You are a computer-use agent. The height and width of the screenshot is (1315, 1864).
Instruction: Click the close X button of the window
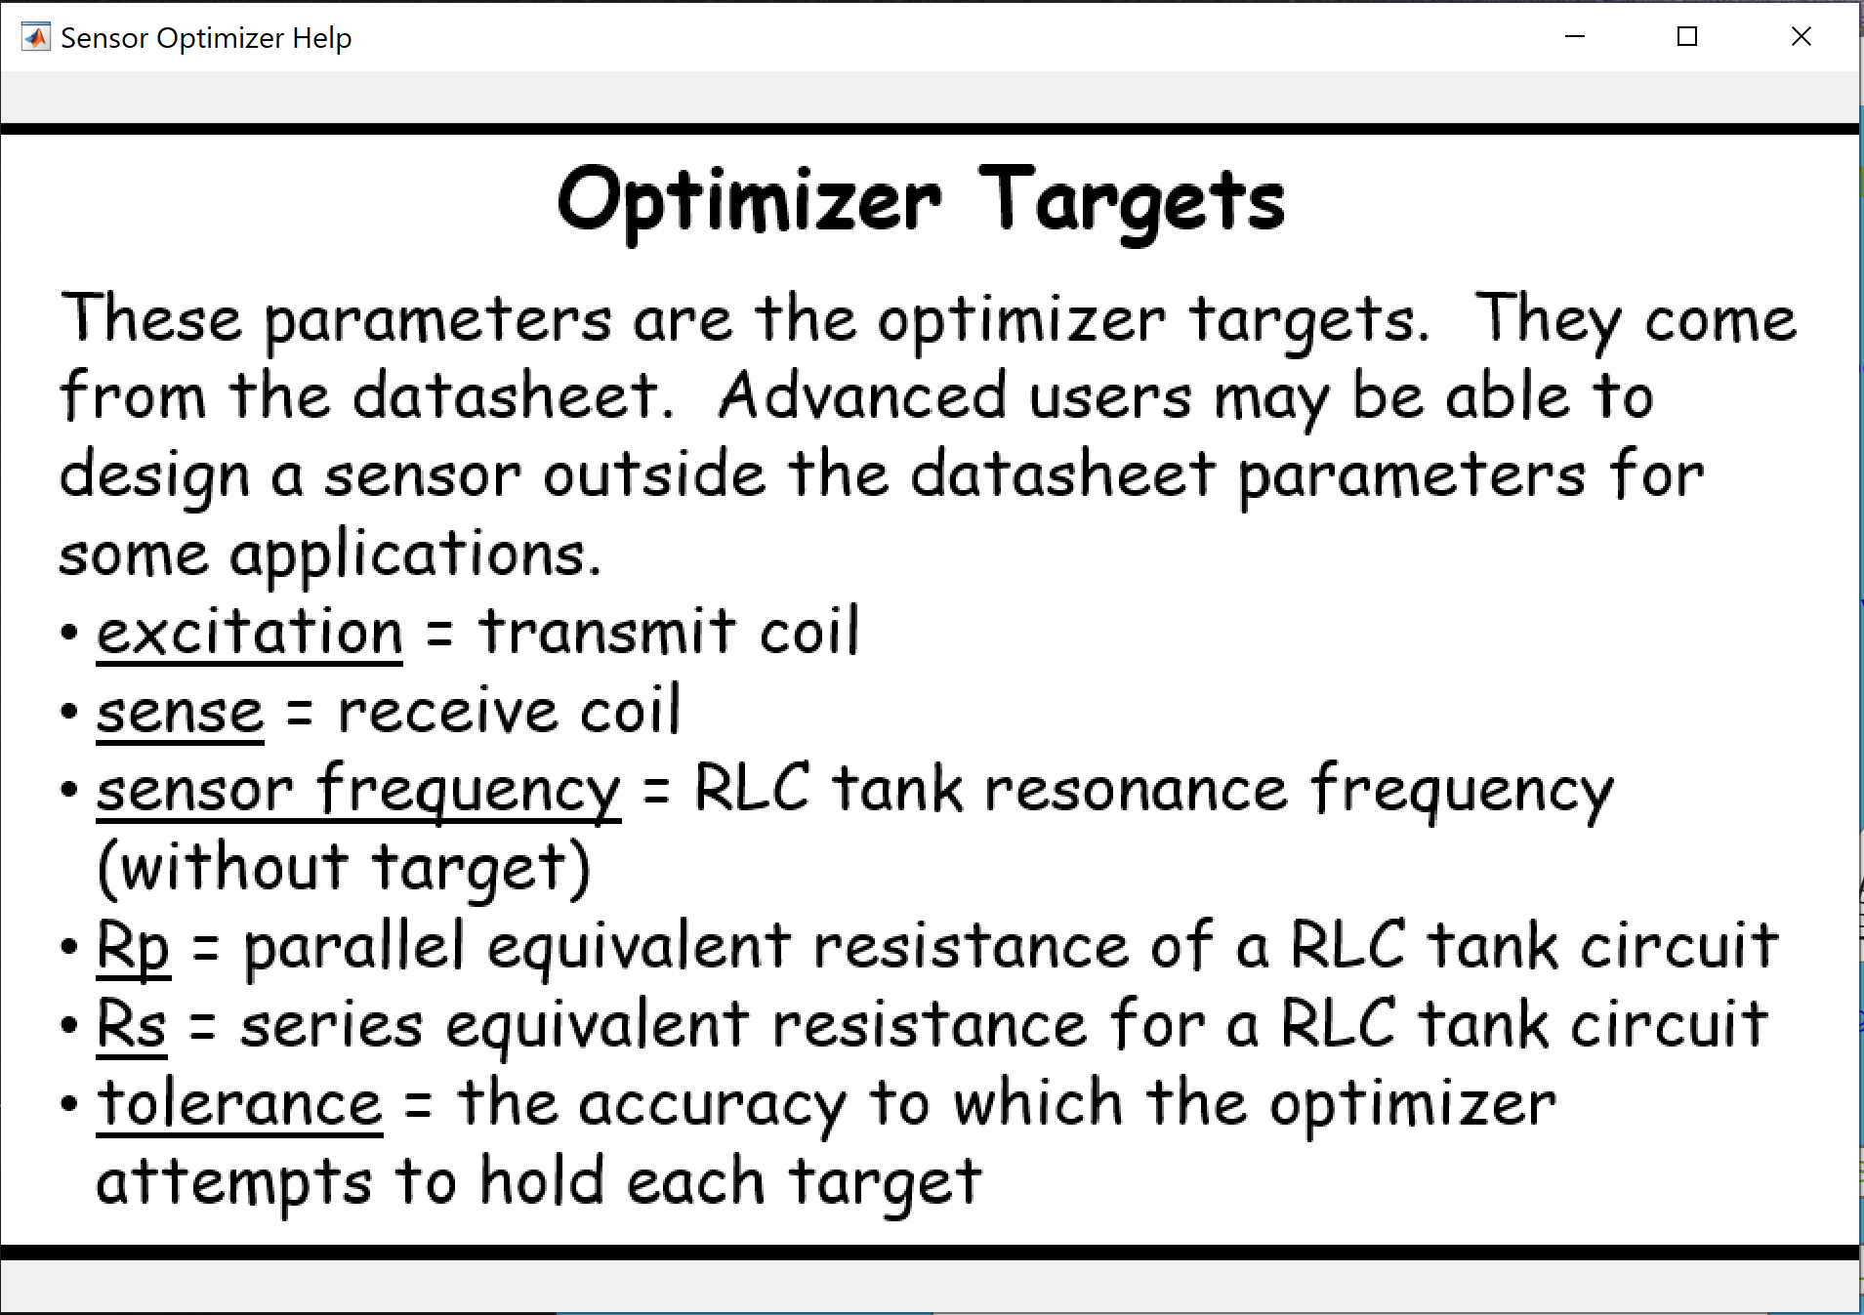point(1801,37)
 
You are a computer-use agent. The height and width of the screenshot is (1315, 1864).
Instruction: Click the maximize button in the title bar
point(1686,37)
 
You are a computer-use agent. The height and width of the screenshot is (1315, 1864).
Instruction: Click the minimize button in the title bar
point(1574,37)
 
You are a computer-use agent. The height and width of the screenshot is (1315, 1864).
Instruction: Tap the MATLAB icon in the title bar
point(35,37)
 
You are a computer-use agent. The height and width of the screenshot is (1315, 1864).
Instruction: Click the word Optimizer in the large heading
point(749,200)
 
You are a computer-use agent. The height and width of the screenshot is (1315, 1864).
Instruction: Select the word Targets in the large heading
point(1132,200)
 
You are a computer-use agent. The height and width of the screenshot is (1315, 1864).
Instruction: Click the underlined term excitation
point(249,633)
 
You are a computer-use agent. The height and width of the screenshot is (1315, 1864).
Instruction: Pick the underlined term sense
point(180,712)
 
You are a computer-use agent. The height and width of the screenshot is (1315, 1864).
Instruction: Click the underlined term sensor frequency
point(357,790)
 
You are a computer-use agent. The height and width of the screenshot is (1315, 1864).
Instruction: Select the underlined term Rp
point(133,947)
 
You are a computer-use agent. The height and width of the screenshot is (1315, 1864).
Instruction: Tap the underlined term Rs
point(132,1025)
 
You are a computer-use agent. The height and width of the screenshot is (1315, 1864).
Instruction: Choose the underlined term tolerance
point(239,1104)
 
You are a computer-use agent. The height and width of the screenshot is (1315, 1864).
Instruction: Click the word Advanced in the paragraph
point(861,396)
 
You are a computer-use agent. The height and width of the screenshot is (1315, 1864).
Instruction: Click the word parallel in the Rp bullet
point(353,947)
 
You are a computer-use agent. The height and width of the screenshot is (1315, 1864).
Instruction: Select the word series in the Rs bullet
point(331,1026)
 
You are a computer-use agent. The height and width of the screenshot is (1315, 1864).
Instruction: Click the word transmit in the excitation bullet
point(606,632)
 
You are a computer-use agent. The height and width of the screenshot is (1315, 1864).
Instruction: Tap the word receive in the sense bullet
point(447,711)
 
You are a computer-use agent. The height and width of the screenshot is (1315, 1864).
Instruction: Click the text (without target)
point(344,868)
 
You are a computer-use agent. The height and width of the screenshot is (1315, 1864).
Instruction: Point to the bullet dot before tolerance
point(68,1104)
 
